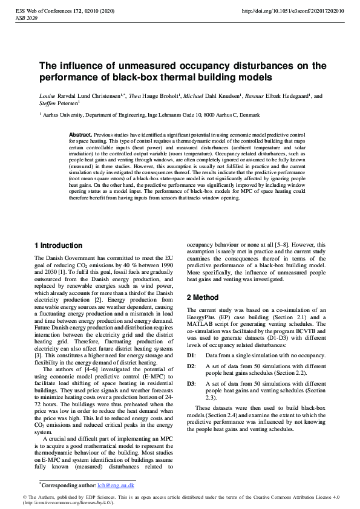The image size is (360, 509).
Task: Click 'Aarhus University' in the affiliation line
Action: click(x=64, y=114)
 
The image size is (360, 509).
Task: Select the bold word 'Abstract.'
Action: click(x=80, y=134)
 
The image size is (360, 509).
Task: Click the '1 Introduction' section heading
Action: click(x=58, y=245)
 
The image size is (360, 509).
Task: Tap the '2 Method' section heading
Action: click(x=203, y=297)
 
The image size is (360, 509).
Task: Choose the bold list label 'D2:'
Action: click(x=191, y=366)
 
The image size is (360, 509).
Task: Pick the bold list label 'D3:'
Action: click(x=191, y=383)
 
